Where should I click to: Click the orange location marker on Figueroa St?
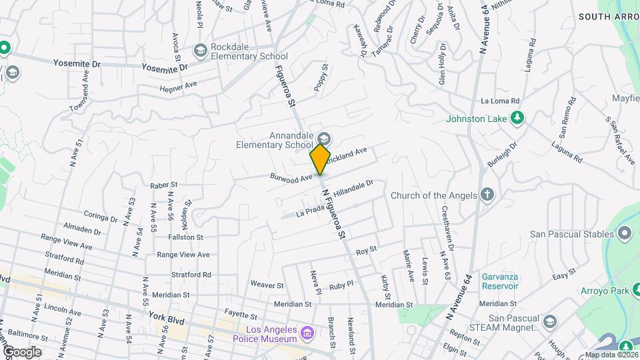320,159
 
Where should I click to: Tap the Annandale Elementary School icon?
324,138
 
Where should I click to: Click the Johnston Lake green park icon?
516,119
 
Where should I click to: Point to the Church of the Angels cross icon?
487,195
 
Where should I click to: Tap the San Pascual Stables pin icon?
624,233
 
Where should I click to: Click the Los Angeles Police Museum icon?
307,332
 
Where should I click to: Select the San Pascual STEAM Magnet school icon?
550,322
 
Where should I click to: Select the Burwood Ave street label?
291,178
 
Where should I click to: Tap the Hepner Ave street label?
178,86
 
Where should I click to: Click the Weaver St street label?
267,284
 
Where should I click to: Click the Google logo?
22,352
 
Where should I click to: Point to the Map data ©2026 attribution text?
611,355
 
